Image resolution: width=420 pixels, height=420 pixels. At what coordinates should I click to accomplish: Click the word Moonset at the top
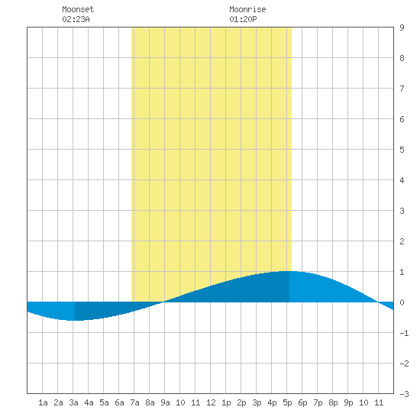point(78,9)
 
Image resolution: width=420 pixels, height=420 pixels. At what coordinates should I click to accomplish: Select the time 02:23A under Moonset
point(76,19)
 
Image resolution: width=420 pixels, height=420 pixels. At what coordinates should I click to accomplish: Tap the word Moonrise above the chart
point(247,9)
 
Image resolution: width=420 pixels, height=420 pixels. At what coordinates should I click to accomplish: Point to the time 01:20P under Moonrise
point(243,19)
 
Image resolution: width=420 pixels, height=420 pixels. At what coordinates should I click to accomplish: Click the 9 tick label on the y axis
point(402,27)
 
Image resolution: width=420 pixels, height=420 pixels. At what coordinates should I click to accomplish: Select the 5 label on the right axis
point(402,150)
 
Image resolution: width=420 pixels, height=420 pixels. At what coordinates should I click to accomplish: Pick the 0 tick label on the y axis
point(402,302)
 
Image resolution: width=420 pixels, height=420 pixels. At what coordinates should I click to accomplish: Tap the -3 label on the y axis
point(404,394)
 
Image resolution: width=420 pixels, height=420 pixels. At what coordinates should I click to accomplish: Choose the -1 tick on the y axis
point(404,333)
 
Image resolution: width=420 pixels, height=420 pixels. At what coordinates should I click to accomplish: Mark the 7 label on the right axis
point(402,89)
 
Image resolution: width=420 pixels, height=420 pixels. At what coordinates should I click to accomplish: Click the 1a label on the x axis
point(43,402)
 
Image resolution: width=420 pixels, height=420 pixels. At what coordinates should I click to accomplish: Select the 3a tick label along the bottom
point(73,402)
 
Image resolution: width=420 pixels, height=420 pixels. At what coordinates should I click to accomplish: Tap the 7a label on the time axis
point(134,402)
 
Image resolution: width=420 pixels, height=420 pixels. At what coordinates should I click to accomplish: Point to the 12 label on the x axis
point(211,402)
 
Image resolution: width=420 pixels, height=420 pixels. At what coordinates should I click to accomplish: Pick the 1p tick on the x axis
point(226,402)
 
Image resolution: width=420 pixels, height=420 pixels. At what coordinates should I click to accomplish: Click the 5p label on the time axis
point(287,402)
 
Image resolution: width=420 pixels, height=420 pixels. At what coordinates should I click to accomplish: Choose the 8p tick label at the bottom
point(333,402)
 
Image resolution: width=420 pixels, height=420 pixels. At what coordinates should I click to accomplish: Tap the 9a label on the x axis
point(165,402)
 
